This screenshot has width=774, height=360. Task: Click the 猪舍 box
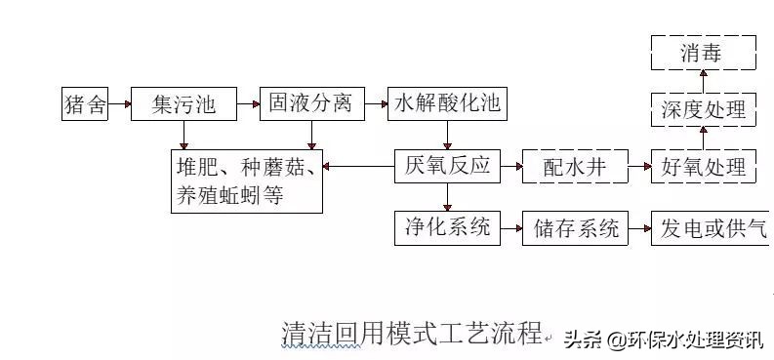tap(84, 103)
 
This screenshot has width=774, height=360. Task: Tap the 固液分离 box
tap(311, 103)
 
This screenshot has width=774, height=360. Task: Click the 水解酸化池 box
tap(448, 103)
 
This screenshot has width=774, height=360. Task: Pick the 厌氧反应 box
tap(447, 166)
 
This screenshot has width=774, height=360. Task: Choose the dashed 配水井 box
tap(574, 167)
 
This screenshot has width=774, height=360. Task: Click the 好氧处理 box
tap(703, 167)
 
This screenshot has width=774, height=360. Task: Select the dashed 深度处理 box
tap(703, 109)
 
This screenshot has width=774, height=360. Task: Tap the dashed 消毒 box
tap(703, 53)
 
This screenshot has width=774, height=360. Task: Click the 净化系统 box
tap(447, 228)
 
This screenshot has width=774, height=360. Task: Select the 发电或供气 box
tap(711, 229)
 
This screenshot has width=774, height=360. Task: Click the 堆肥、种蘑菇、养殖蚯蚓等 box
tap(246, 180)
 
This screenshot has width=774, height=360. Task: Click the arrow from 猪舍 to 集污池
tap(119, 103)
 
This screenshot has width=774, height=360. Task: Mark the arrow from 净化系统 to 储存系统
tap(510, 229)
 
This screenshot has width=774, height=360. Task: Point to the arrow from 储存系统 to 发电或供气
tap(639, 229)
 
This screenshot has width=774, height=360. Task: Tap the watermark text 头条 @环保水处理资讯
tap(663, 339)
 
